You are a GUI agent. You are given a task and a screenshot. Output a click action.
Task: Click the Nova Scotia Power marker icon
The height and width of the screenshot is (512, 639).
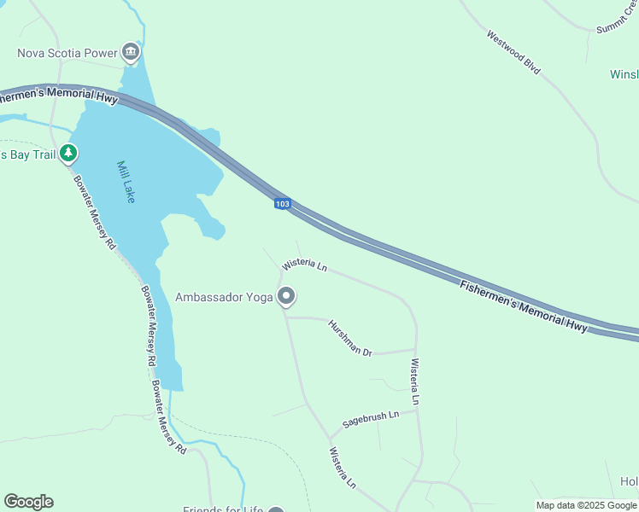pos(130,53)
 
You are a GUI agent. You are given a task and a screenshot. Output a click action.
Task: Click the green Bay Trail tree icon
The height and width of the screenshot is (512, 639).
pos(68,154)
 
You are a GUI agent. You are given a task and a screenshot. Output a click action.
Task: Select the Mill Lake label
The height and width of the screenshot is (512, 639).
pos(126,182)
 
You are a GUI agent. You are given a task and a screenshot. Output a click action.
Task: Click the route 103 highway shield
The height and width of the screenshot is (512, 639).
pos(283,204)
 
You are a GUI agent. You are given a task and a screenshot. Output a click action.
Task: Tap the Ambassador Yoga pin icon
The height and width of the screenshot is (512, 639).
pos(286,297)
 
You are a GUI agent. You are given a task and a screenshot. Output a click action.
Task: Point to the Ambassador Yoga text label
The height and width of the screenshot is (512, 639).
pos(224,297)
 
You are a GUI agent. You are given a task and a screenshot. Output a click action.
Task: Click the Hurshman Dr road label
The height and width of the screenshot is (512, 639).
pos(350,338)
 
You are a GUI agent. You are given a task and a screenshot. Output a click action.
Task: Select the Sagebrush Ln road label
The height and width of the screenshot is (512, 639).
pos(371,419)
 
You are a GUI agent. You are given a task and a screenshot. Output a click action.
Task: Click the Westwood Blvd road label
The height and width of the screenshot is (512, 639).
pos(513,52)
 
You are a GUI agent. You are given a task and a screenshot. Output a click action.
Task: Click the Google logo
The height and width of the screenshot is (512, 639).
pos(28,501)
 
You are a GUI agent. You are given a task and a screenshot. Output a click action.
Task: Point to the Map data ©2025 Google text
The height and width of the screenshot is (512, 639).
pos(586,505)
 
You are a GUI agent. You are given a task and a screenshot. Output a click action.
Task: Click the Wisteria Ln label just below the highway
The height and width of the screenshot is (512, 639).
pos(305,265)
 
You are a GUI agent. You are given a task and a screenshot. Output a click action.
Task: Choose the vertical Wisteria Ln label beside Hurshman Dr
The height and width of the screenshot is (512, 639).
pos(415,381)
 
